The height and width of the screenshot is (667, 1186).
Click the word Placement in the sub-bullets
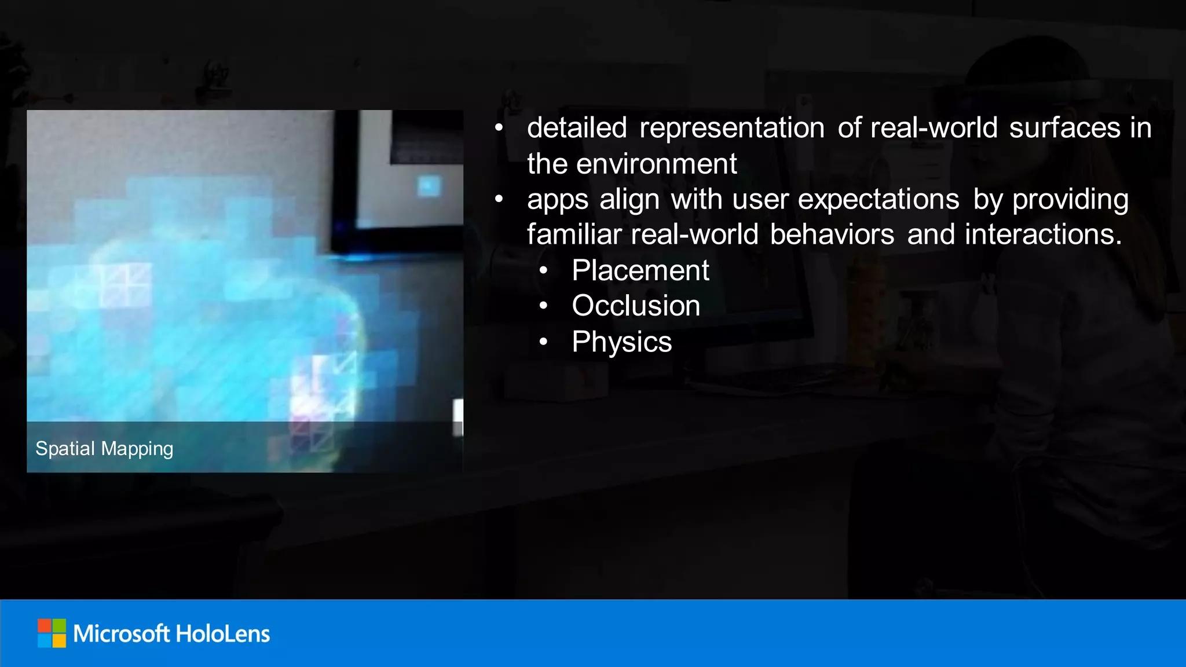point(640,270)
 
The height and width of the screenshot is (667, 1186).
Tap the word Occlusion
point(636,306)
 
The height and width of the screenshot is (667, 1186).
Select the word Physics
point(621,342)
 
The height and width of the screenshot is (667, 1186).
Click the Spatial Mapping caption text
point(104,449)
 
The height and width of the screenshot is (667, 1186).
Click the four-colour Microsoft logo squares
point(52,633)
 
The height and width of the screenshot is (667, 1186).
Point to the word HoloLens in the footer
point(222,634)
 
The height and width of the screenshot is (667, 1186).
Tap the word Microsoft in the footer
point(121,634)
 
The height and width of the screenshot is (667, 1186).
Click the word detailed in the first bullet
point(577,128)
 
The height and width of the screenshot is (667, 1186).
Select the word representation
point(732,128)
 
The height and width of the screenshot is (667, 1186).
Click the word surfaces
point(1064,128)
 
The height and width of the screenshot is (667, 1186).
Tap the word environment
point(657,164)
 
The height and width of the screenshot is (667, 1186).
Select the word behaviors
point(832,234)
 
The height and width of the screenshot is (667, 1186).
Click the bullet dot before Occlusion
point(543,306)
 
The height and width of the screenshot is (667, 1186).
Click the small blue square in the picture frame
point(429,186)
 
